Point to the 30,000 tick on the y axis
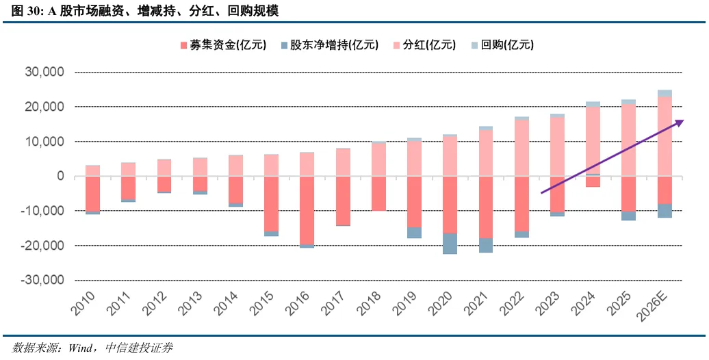45,72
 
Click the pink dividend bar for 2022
521,148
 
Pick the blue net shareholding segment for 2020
450,244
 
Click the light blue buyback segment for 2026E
665,93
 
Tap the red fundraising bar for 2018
378,193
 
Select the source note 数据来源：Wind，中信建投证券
89,348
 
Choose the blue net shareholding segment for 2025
629,216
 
